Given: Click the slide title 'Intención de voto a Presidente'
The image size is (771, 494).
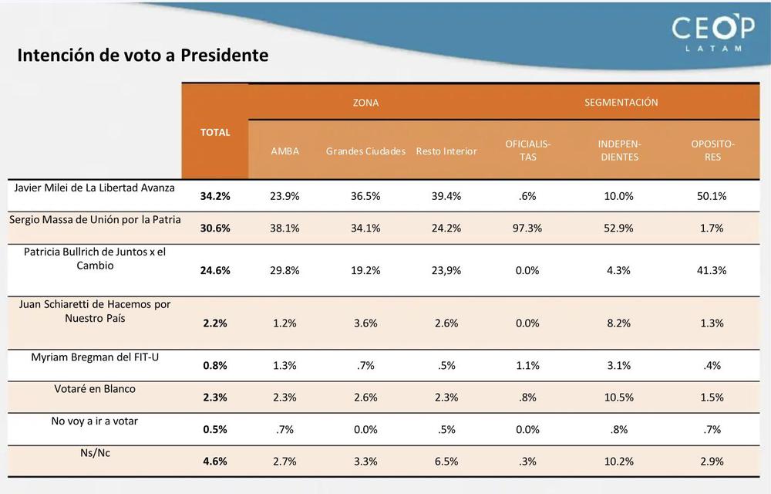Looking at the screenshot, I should tap(143, 56).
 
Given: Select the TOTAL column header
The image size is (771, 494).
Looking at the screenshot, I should tap(215, 132).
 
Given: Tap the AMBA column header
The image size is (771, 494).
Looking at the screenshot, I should tap(284, 151).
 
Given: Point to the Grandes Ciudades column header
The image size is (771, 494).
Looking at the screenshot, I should tap(365, 151).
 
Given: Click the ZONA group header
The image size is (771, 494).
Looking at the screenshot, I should tap(365, 102).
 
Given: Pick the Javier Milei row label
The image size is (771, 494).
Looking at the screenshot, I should tap(95, 188).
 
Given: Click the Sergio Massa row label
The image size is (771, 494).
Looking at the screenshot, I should tap(95, 219).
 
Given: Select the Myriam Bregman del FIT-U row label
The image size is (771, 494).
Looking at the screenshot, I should tap(95, 357).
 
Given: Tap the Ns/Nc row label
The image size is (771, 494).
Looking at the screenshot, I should tap(95, 453).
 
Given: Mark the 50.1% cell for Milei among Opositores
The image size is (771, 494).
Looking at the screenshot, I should tap(710, 196).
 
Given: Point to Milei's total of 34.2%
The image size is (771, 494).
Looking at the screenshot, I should tap(215, 196).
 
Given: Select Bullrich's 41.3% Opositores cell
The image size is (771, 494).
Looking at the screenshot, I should tap(710, 270).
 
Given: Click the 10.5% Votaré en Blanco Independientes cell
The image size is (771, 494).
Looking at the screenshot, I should tap(619, 398).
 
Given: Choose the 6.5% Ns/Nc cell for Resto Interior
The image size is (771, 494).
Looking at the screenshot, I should tap(446, 462).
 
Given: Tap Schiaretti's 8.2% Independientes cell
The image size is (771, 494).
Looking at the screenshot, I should tap(619, 323).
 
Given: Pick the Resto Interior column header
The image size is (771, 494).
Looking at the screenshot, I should tap(446, 151).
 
